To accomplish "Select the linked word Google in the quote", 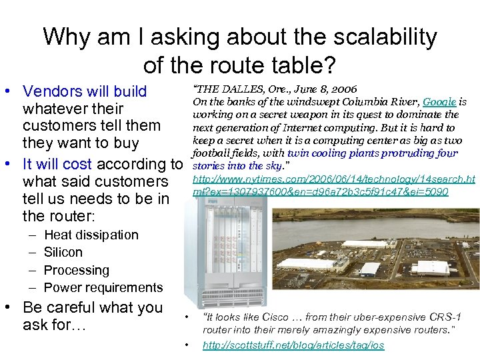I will (x=439, y=102).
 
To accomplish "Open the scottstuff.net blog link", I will (x=293, y=345).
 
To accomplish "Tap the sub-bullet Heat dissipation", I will (x=91, y=235).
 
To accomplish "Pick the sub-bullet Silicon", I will (x=63, y=252).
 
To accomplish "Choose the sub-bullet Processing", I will (x=76, y=270).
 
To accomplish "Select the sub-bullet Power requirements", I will (x=103, y=287).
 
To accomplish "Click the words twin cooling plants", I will (x=348, y=153).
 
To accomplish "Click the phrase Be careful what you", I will (x=93, y=307).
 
